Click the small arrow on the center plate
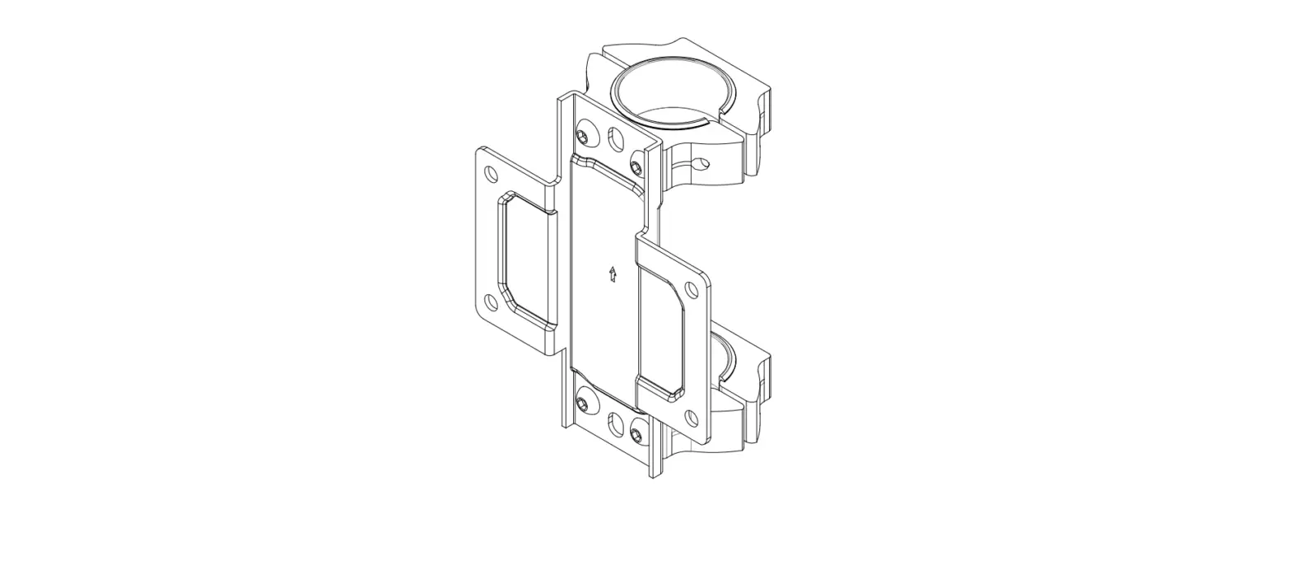[x=612, y=274]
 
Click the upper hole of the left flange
[x=492, y=174]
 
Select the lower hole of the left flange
[x=492, y=302]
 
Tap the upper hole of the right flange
[x=692, y=289]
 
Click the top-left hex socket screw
[x=584, y=135]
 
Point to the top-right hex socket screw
[x=636, y=167]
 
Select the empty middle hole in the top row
[x=615, y=139]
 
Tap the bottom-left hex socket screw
[x=583, y=404]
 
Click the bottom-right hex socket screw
[x=636, y=433]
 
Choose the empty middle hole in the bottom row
[x=615, y=425]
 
